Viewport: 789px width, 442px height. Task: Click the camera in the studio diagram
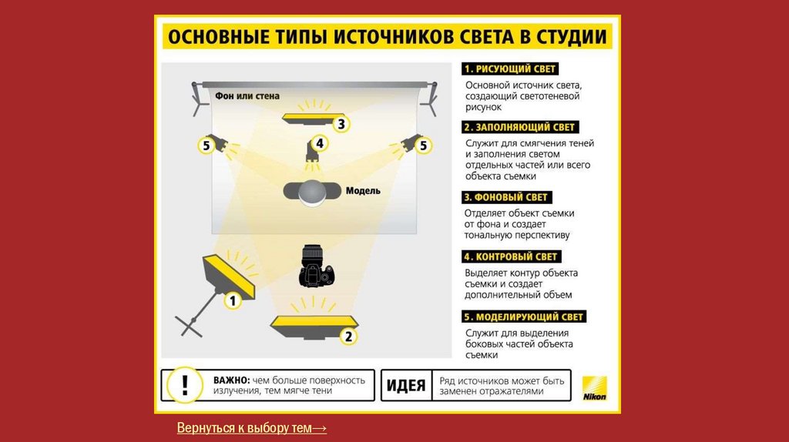[316, 266]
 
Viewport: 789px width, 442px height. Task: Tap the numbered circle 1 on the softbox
[232, 301]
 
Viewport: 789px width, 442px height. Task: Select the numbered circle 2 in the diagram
[348, 337]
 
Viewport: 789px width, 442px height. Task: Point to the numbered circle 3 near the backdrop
[341, 124]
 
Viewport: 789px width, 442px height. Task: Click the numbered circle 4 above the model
[320, 144]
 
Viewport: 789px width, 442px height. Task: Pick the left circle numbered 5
[206, 146]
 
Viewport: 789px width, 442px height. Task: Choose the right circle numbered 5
[423, 146]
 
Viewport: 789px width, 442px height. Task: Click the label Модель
[363, 190]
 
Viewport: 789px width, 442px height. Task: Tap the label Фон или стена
[247, 95]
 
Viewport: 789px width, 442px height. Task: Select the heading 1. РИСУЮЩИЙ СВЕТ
[510, 69]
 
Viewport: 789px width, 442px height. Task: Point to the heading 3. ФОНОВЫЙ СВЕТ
[507, 197]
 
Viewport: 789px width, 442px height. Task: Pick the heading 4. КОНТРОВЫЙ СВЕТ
[512, 256]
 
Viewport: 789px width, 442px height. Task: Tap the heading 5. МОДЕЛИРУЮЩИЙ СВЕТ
[524, 316]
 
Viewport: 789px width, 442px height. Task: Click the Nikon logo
[595, 388]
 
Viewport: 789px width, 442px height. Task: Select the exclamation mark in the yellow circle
[185, 385]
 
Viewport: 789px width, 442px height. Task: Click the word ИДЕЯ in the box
[405, 386]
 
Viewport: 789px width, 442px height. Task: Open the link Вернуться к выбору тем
[252, 428]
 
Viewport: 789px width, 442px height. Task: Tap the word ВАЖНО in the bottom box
[231, 380]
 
